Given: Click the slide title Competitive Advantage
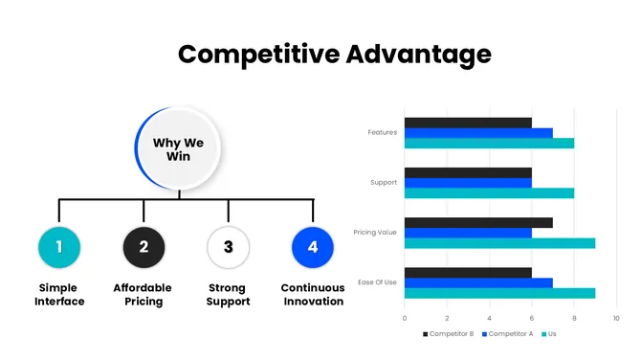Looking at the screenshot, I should coord(334,54).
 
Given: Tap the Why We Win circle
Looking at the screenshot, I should coord(185,149).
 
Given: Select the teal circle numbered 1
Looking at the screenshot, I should coord(59,247).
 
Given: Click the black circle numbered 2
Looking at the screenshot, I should coord(144,247).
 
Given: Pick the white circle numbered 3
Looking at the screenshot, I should coord(228,247).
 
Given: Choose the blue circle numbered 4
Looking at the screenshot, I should coord(312,247).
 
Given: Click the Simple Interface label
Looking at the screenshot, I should coord(59,295).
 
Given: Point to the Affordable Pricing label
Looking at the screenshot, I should coord(144,295).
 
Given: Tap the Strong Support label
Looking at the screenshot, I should coord(228,295).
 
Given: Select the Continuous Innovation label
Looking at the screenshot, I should coord(312,295).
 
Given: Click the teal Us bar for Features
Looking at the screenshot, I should coord(489,144).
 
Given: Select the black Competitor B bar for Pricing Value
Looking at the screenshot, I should coord(478,222).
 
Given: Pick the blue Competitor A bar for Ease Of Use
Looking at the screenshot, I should coord(478,282).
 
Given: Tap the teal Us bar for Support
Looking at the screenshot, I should coord(489,192).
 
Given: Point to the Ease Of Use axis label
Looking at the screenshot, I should coord(377,282).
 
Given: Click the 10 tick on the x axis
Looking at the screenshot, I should coord(616,318).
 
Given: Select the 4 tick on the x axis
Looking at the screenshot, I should coord(489,318).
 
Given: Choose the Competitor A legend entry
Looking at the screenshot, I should coord(508,334).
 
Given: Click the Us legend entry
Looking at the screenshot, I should coord(551,334).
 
